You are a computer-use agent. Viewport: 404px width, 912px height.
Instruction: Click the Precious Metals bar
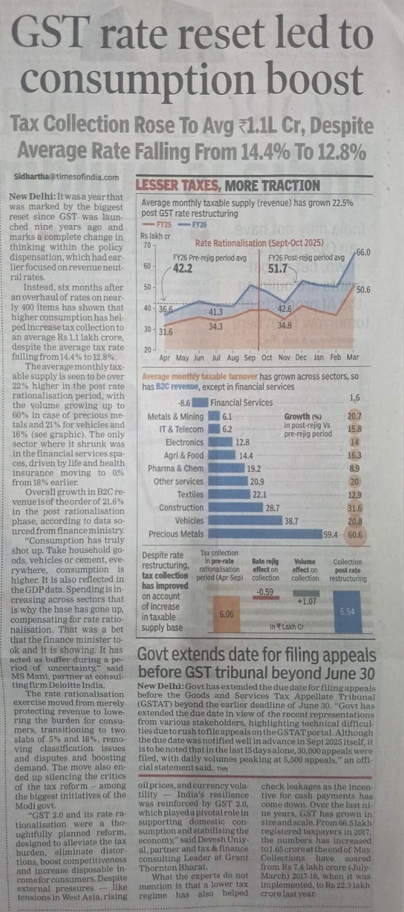(265, 534)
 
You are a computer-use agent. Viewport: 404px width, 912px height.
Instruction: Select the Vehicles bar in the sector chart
(245, 520)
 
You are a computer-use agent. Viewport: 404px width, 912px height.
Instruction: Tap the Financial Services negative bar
(200, 403)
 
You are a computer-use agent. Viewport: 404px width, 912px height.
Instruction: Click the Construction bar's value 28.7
(272, 508)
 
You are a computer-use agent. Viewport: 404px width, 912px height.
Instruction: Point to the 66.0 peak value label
(363, 252)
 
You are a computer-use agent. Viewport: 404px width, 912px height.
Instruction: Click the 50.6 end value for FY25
(363, 290)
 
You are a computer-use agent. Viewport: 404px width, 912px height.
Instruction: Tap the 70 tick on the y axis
(147, 245)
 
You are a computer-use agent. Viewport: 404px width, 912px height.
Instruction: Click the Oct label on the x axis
(267, 357)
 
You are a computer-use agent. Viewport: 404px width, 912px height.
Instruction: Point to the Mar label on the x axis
(353, 357)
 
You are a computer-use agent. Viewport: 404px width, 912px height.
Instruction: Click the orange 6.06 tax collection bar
(226, 613)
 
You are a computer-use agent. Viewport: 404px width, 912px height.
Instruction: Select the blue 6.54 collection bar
(347, 612)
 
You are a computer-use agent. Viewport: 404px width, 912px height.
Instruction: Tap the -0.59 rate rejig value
(265, 592)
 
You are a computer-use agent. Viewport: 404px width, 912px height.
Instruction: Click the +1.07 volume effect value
(307, 601)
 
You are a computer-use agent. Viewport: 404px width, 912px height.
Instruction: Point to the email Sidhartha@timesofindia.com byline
(66, 177)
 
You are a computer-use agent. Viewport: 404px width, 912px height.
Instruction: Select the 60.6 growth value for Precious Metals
(355, 534)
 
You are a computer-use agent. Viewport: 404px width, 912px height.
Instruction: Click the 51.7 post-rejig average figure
(277, 269)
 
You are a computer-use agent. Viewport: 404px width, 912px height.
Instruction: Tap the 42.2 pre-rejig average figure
(182, 268)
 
